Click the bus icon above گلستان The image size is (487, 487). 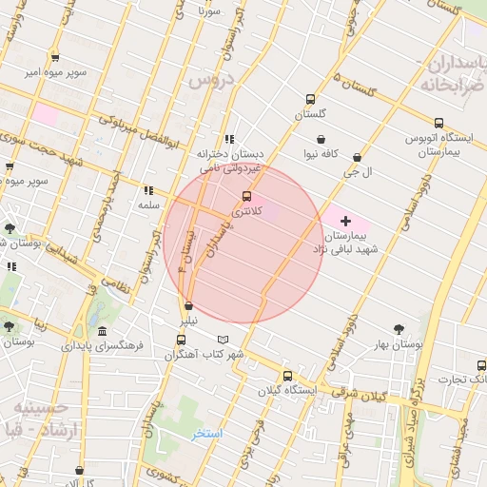310,99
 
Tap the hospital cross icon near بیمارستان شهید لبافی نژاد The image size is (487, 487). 345,221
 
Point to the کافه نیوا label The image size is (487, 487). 322,152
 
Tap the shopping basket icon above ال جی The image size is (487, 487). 357,158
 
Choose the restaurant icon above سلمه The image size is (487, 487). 147,189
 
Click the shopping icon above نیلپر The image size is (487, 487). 188,306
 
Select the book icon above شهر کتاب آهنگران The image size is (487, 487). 224,339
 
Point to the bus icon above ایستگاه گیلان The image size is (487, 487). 287,375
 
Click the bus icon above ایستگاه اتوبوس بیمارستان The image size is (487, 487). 438,123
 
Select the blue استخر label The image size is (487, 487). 205,434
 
